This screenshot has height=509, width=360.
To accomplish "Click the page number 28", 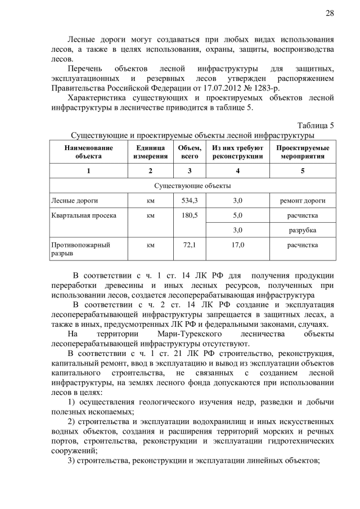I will [x=330, y=13].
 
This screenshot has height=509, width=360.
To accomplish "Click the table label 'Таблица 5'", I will [x=315, y=125].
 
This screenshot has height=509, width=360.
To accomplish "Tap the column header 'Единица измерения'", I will [x=150, y=152].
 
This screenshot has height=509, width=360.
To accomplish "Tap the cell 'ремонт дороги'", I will [x=303, y=200].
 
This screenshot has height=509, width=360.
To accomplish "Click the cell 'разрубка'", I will [x=303, y=231].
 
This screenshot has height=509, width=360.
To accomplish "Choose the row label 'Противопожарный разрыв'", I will [x=80, y=249].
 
